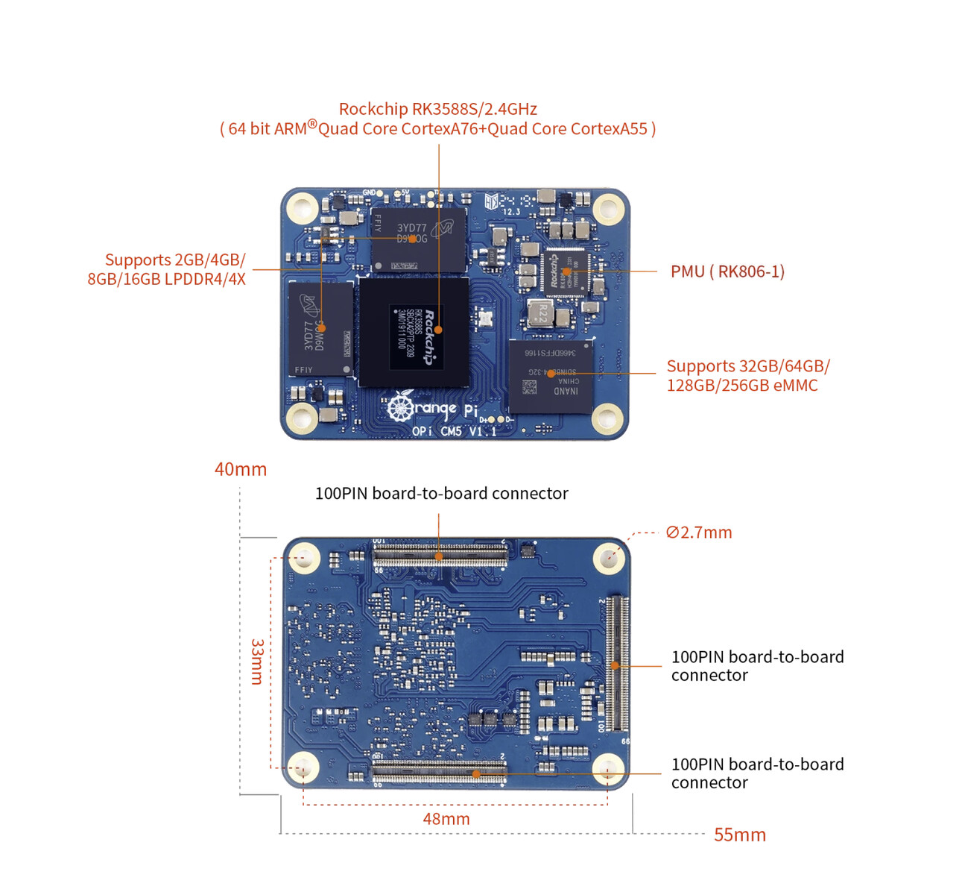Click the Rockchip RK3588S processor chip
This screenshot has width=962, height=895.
414,332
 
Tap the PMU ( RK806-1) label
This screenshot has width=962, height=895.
727,271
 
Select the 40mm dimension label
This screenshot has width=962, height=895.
240,469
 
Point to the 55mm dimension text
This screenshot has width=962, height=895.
739,835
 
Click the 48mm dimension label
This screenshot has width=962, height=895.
446,819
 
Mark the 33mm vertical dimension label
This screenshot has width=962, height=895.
256,662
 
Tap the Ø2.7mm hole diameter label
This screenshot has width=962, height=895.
699,533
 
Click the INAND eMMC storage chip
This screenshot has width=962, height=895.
551,376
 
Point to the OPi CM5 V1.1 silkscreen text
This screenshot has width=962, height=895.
454,431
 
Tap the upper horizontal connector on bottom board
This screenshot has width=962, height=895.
440,553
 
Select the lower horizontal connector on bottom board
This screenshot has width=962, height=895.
440,772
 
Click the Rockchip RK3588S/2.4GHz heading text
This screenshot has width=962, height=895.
437,109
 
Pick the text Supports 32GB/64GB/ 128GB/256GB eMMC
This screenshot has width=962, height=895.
747,376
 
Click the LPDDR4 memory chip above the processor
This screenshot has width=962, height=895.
418,239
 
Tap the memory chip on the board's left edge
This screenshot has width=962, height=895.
320,329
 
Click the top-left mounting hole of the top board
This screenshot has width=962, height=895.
303,207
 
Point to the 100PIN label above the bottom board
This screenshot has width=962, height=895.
441,493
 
